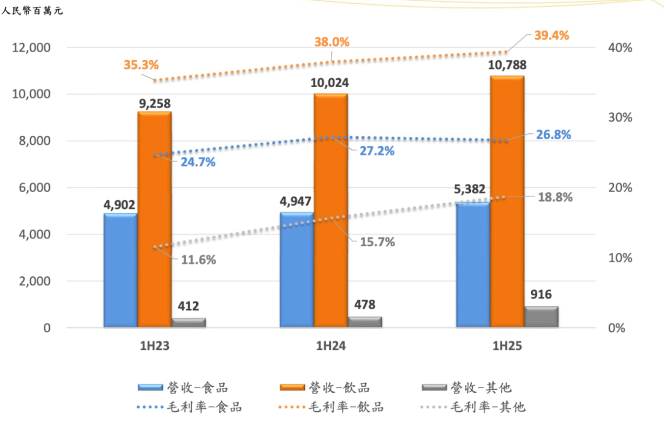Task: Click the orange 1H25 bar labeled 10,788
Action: pos(507,203)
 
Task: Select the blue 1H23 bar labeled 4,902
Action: pos(121,270)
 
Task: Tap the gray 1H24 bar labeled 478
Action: pos(365,322)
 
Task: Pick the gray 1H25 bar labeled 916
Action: pos(541,316)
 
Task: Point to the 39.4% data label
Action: pos(551,35)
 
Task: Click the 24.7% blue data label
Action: pos(198,163)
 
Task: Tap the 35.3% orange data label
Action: pos(141,64)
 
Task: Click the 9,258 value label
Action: pos(155,104)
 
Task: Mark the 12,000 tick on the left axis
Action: pos(31,48)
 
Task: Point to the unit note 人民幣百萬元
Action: pos(32,10)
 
